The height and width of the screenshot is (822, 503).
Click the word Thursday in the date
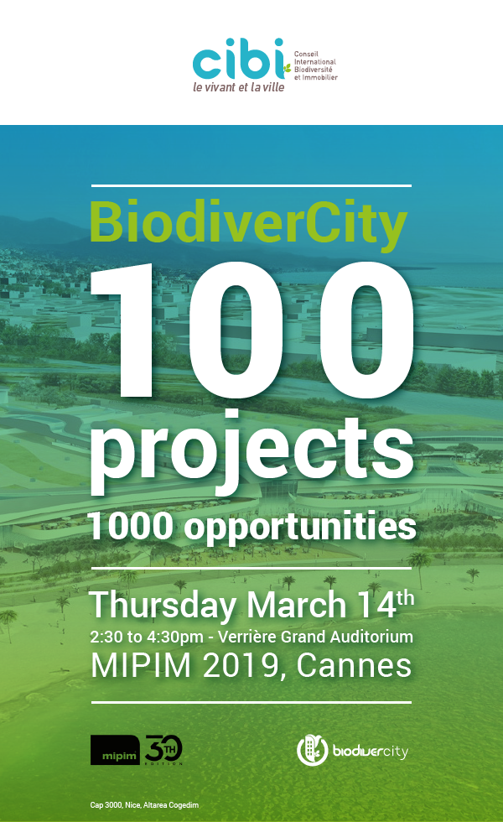coord(163,606)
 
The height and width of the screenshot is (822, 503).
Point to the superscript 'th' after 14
coord(404,597)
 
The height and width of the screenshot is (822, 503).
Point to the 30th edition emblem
coord(163,748)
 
